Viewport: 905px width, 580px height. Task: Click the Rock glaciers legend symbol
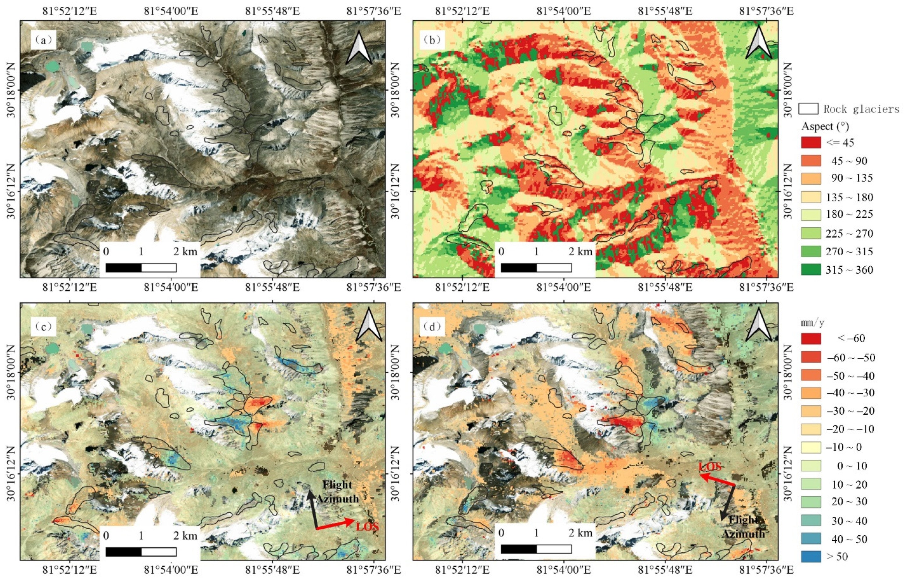point(808,108)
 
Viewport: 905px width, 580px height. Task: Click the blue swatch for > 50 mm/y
point(811,556)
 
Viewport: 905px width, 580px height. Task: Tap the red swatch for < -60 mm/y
point(811,338)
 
